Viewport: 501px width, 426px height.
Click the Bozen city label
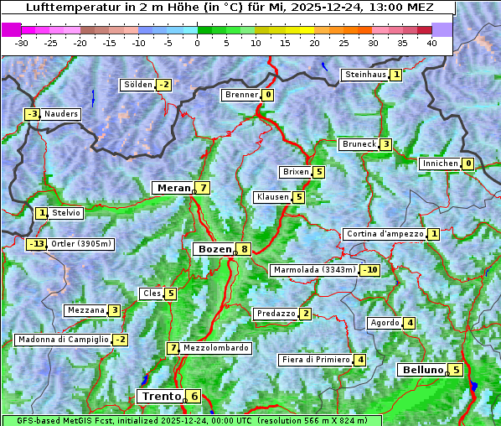tap(214, 249)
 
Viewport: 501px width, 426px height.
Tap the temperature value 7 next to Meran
tap(203, 188)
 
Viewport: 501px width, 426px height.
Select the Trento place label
tap(162, 397)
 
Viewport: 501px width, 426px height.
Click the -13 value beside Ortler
tap(37, 244)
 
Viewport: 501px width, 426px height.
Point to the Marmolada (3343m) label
tap(314, 270)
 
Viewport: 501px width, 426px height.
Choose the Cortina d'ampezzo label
tap(385, 234)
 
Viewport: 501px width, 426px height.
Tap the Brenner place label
tap(242, 95)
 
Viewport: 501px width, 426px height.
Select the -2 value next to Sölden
tap(164, 85)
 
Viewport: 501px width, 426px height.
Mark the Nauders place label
tap(61, 114)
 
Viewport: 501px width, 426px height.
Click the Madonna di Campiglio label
tap(63, 340)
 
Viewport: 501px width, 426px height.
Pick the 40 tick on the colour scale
tap(431, 43)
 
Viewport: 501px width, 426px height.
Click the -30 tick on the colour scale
tap(23, 43)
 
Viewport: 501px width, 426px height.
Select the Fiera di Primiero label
tap(315, 360)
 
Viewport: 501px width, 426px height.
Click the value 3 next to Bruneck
tap(385, 144)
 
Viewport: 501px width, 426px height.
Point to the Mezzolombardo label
tap(215, 348)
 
